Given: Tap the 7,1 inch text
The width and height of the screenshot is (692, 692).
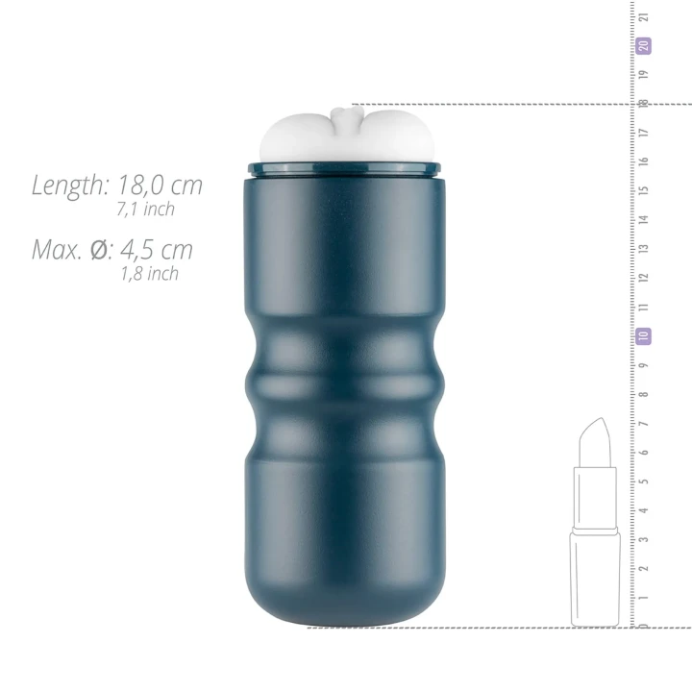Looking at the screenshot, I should click(145, 209).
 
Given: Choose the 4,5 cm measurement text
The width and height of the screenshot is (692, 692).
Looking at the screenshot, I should click(157, 251).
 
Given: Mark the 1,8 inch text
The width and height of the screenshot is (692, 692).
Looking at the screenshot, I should click(149, 274).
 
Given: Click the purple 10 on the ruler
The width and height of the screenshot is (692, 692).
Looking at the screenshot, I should click(644, 336).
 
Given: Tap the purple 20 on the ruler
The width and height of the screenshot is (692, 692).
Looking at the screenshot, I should click(644, 44).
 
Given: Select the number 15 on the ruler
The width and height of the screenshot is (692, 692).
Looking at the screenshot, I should click(644, 190).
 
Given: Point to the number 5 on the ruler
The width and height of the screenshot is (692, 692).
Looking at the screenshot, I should click(644, 482).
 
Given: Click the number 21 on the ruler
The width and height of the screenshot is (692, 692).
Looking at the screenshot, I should click(644, 16).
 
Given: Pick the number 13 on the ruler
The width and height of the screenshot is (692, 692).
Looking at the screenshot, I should click(644, 249).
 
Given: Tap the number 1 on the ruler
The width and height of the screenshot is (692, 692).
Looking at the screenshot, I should click(644, 598).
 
